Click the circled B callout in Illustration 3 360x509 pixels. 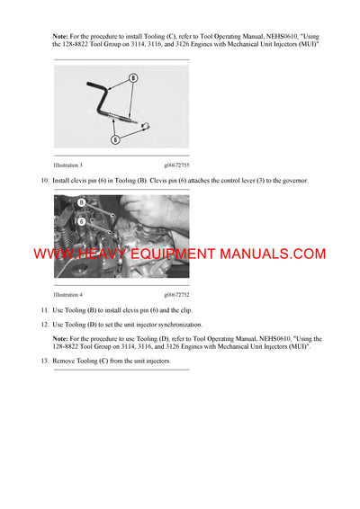132,78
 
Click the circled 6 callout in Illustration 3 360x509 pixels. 114,139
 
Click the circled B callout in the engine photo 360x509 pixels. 80,203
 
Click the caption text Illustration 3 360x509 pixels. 68,165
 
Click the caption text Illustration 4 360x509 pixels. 68,294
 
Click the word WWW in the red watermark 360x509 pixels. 54,254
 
